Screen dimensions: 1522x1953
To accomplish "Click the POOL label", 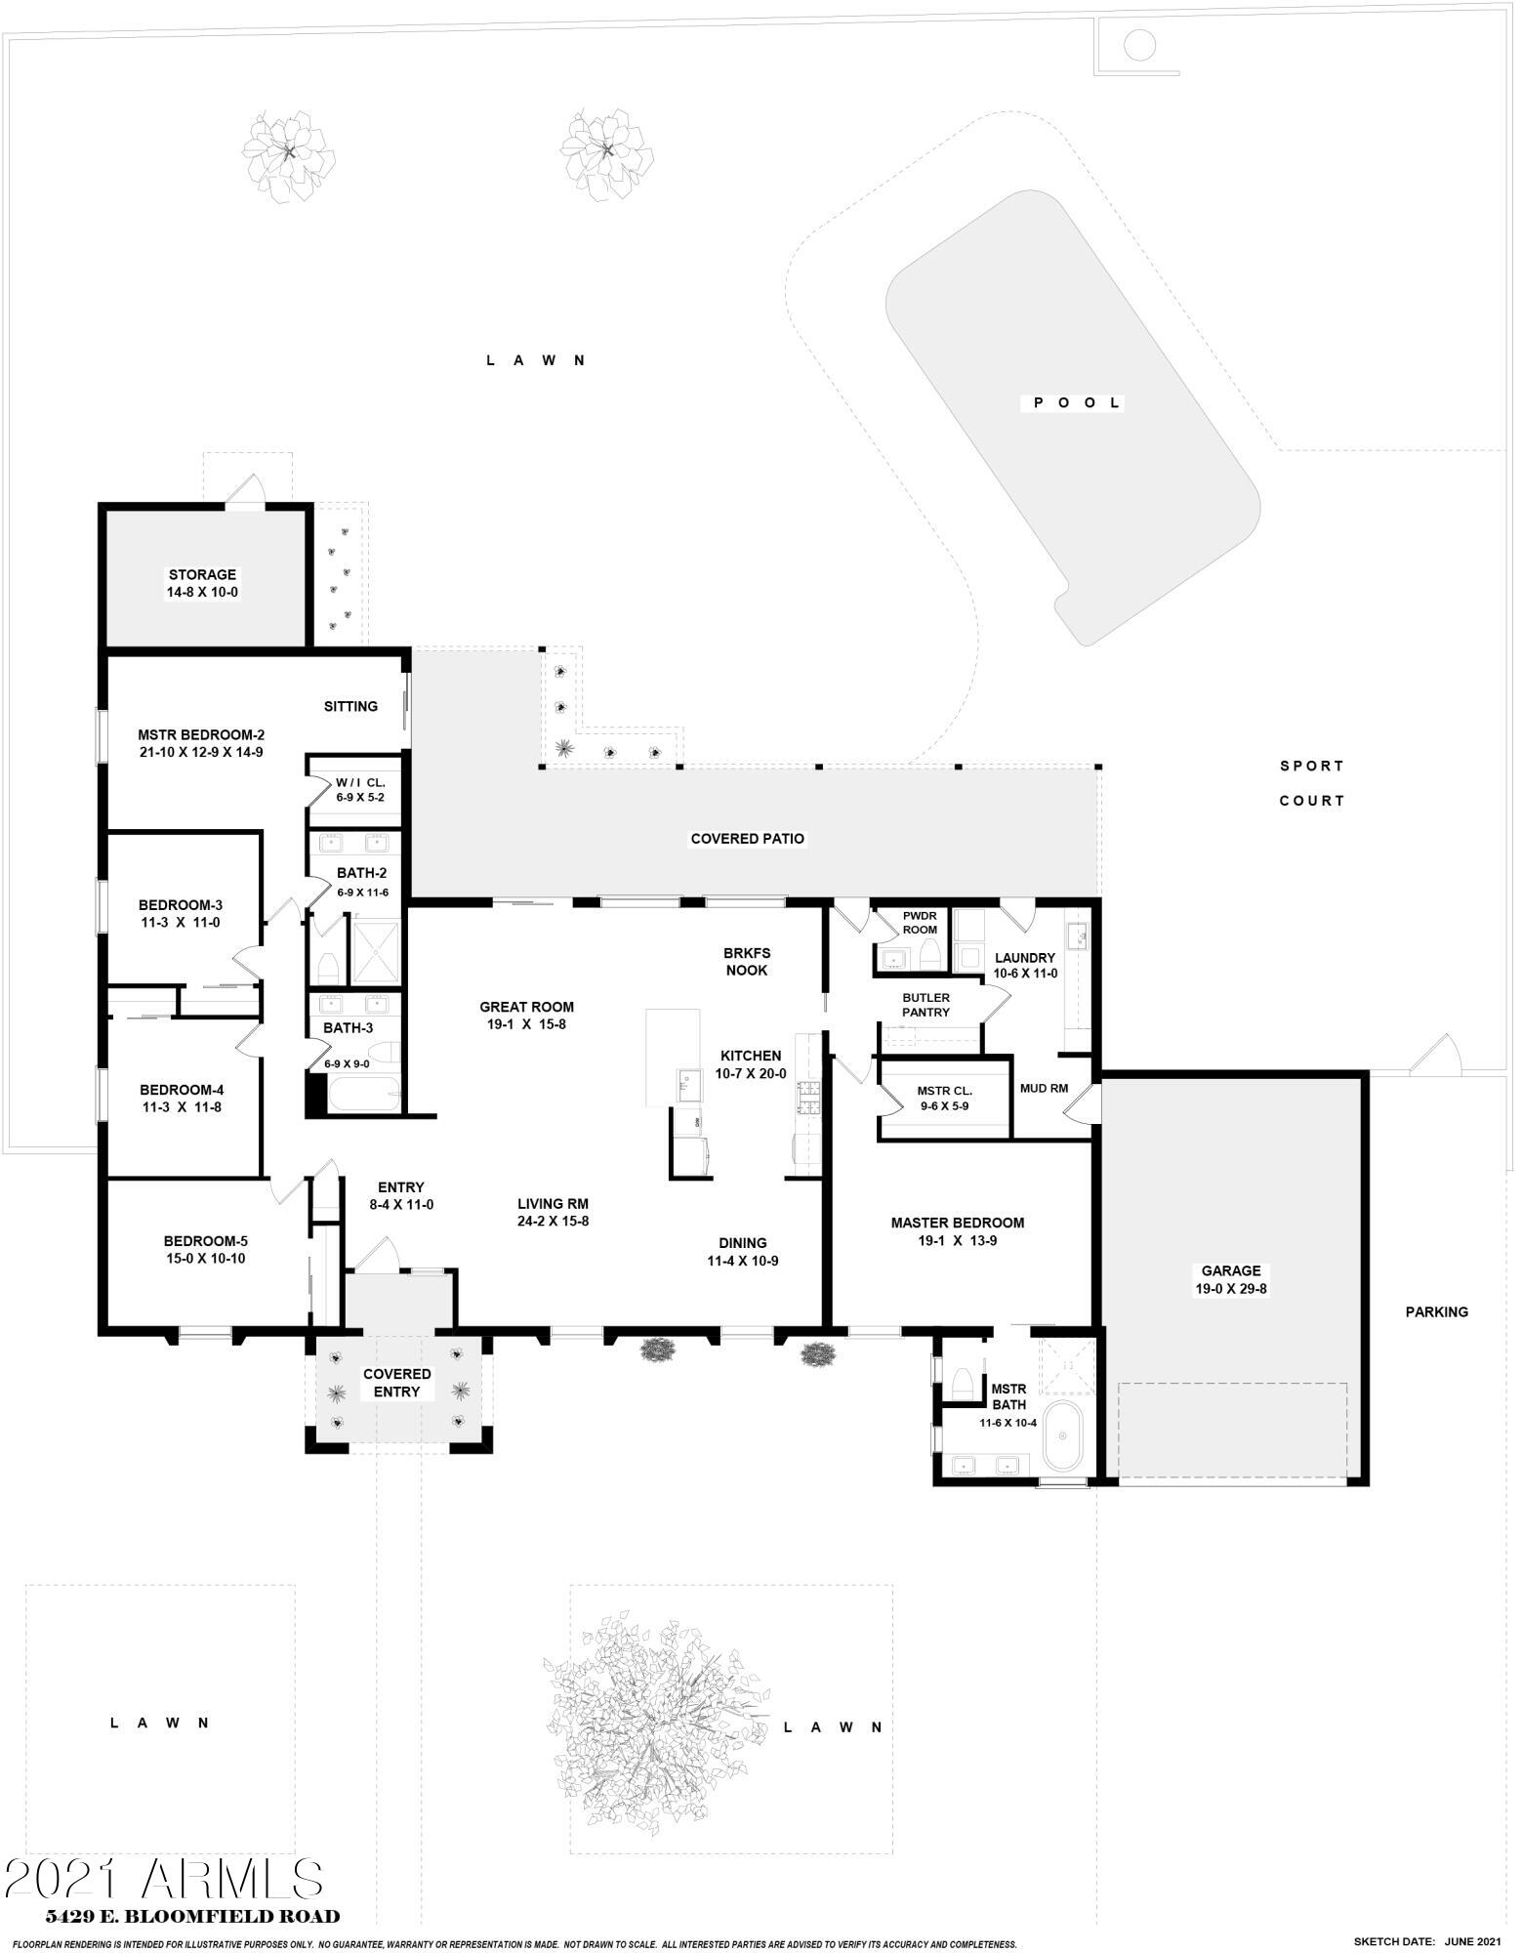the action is click(1072, 403).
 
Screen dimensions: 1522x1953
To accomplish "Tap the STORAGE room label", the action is click(202, 575).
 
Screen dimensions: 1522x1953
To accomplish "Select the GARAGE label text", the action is click(1231, 1270).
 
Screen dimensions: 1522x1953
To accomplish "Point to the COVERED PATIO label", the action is click(748, 839).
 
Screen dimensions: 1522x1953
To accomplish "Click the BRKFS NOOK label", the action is click(746, 961).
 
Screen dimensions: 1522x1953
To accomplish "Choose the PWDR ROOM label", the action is click(920, 923).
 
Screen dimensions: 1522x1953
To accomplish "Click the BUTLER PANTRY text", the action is click(926, 1005).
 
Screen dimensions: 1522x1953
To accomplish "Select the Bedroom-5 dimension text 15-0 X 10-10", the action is click(205, 1259).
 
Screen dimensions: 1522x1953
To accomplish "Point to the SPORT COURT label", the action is click(1312, 783).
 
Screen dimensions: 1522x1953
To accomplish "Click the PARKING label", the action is click(1436, 1311).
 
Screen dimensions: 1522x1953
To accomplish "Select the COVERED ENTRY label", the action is click(397, 1383).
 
